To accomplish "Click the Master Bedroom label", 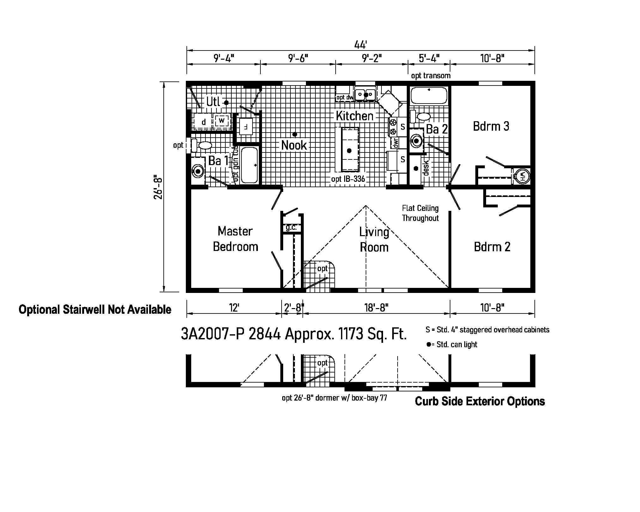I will (x=235, y=239).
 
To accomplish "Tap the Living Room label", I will (x=374, y=240).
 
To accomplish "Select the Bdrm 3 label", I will (x=491, y=126).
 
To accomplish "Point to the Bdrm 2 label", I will (x=492, y=247).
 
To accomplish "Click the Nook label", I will (x=294, y=145).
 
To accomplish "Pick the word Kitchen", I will (x=354, y=116).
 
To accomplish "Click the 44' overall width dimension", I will (x=360, y=45).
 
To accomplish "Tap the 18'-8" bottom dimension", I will (x=376, y=307).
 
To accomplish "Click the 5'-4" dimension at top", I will (x=429, y=58).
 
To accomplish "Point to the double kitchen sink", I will (x=365, y=94).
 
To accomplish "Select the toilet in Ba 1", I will (x=202, y=146).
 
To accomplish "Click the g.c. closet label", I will (x=291, y=228).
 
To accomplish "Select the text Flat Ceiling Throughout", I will (x=420, y=213).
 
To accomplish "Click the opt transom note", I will (x=430, y=76).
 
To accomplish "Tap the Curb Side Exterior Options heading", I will (x=479, y=401).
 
